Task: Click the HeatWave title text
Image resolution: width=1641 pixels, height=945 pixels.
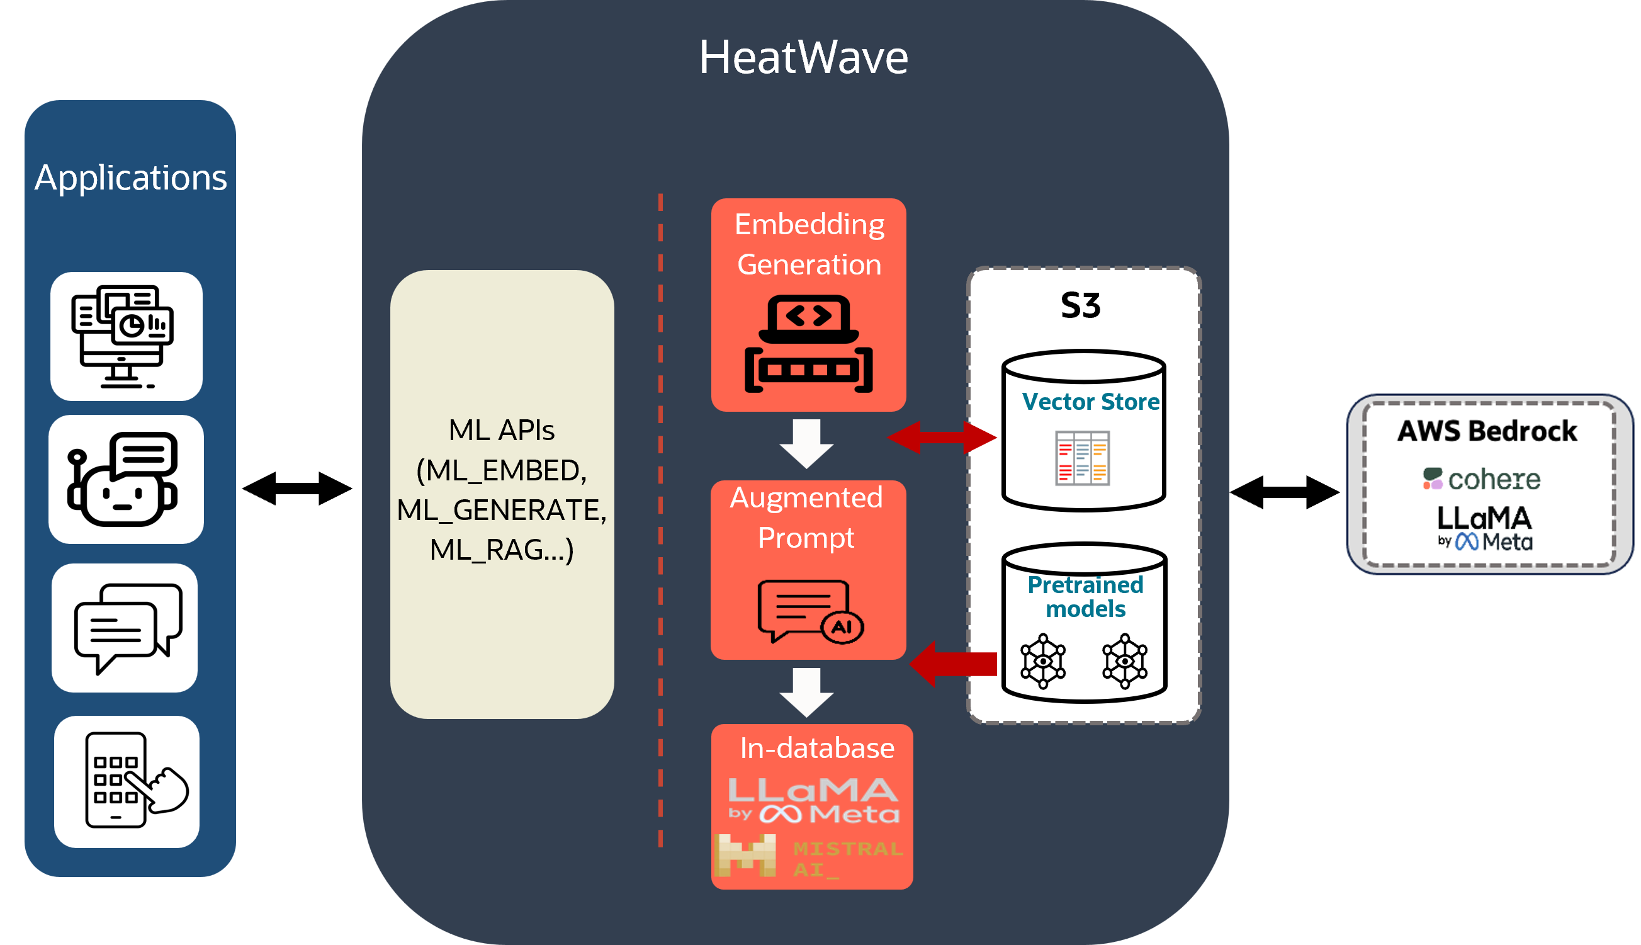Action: click(x=803, y=58)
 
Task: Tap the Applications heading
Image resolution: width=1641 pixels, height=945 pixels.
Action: click(x=130, y=177)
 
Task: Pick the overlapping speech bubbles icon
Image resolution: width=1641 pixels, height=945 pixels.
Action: click(x=125, y=628)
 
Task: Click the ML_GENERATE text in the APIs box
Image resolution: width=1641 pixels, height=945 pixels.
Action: click(x=501, y=510)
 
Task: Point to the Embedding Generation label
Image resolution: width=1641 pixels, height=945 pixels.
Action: click(x=808, y=244)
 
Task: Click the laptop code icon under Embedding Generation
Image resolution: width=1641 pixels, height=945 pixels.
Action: click(x=808, y=343)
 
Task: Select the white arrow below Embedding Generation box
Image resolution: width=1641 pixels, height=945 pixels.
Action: click(x=806, y=443)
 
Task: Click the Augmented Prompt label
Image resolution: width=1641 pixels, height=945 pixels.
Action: click(x=806, y=518)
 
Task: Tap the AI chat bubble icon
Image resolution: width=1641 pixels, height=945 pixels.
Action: click(x=809, y=611)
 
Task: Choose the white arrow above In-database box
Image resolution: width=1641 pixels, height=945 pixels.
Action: click(x=806, y=692)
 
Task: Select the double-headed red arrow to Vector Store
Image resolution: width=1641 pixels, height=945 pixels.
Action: click(x=942, y=438)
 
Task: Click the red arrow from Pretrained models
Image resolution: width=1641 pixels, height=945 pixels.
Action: click(x=954, y=664)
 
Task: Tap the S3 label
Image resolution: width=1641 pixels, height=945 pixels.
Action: click(x=1080, y=305)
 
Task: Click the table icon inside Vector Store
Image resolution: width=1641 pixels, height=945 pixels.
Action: click(x=1082, y=458)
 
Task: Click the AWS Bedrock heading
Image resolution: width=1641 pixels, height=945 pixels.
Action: click(x=1487, y=431)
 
